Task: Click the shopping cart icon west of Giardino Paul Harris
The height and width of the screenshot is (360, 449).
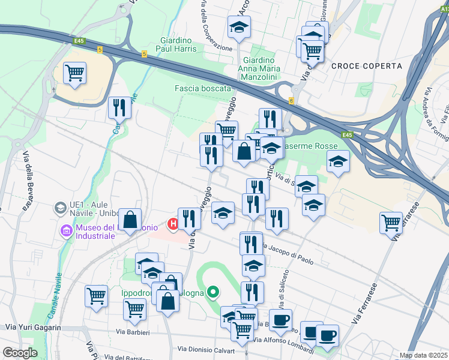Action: (x=74, y=73)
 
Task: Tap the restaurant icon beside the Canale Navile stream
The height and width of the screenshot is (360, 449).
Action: (x=119, y=108)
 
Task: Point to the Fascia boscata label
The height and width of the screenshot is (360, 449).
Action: (x=202, y=88)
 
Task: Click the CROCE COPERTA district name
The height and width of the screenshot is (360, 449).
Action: (x=358, y=65)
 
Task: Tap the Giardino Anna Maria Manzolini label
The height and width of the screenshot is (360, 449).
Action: (x=259, y=68)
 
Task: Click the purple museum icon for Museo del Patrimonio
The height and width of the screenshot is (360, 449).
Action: (x=65, y=229)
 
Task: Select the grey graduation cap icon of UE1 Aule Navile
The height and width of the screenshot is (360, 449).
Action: (x=60, y=208)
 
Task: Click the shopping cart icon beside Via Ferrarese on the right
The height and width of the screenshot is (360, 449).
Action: (x=391, y=223)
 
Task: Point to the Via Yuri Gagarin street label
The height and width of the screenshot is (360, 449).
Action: (x=33, y=327)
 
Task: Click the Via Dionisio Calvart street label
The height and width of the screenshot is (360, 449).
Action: (x=205, y=349)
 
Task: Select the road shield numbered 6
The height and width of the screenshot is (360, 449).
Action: (x=291, y=100)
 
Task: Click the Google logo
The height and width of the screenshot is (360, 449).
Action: (x=20, y=352)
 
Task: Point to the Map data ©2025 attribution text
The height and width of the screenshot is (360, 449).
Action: (x=423, y=355)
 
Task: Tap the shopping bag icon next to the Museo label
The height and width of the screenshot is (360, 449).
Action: (x=130, y=219)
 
